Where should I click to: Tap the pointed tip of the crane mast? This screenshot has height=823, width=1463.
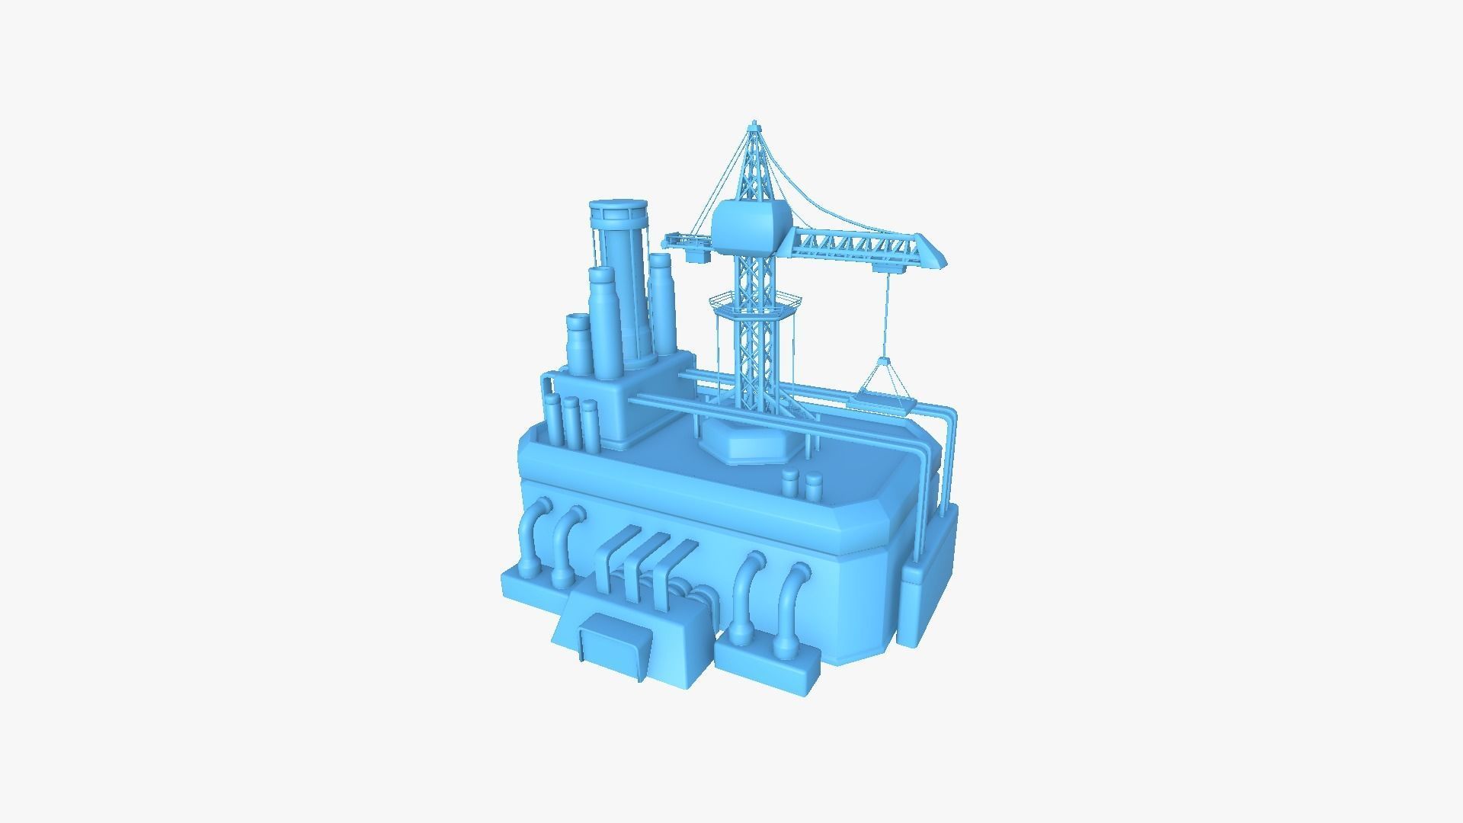[x=754, y=123]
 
